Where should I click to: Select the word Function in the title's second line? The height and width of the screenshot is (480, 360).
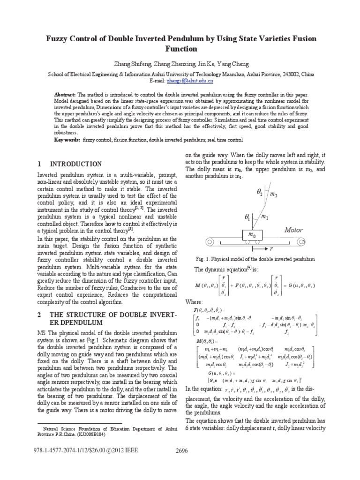click(x=180, y=49)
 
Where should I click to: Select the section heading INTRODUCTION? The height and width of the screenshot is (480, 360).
click(x=75, y=164)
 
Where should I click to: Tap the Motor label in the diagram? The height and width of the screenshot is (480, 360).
click(x=293, y=230)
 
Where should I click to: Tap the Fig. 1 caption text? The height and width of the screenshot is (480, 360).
click(x=255, y=259)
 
